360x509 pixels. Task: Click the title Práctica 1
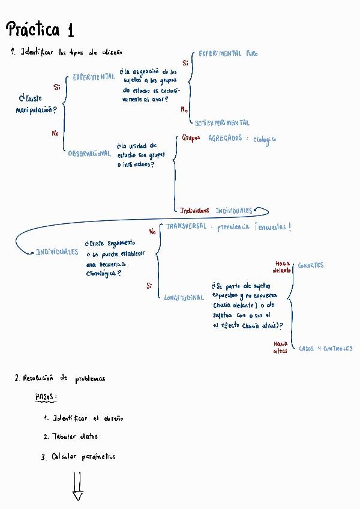(40, 30)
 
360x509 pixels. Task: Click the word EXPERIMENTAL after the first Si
(94, 77)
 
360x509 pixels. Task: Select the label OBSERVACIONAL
(89, 154)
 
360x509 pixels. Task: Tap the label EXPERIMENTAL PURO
(228, 53)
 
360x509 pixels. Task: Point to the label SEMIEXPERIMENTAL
(222, 122)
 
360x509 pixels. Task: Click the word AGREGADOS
(225, 137)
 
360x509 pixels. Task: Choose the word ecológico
(265, 139)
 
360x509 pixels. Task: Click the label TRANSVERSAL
(185, 226)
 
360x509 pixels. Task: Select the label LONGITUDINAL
(184, 298)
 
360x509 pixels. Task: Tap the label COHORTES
(311, 265)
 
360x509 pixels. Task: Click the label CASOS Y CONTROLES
(325, 348)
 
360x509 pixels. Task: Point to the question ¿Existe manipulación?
(37, 104)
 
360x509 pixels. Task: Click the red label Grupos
(191, 137)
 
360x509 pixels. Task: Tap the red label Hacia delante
(282, 267)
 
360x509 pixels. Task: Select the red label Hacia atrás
(281, 347)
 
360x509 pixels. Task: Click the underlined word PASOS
(47, 397)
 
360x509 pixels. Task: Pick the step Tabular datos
(70, 437)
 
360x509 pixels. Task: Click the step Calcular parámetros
(78, 457)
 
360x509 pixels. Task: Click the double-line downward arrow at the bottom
(77, 486)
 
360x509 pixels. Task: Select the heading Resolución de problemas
(59, 378)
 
